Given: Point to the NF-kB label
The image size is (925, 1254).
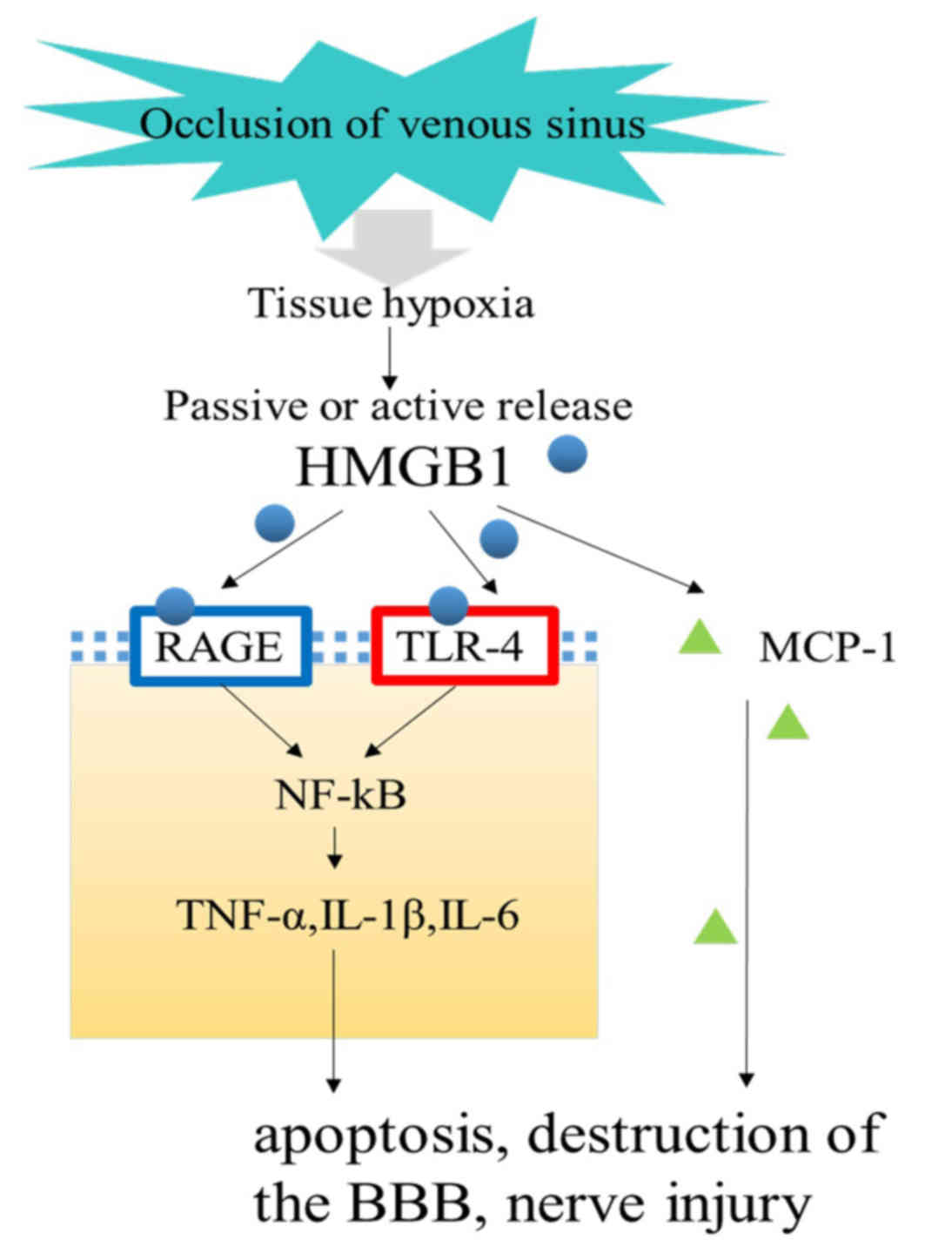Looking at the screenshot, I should [340, 795].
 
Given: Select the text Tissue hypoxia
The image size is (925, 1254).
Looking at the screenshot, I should [392, 305].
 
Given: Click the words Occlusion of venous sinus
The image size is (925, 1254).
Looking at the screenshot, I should [393, 125].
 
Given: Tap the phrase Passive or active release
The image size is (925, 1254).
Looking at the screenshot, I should [399, 406].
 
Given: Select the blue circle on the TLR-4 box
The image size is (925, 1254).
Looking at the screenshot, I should [449, 605].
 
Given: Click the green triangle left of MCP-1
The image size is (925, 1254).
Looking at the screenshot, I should [700, 635].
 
